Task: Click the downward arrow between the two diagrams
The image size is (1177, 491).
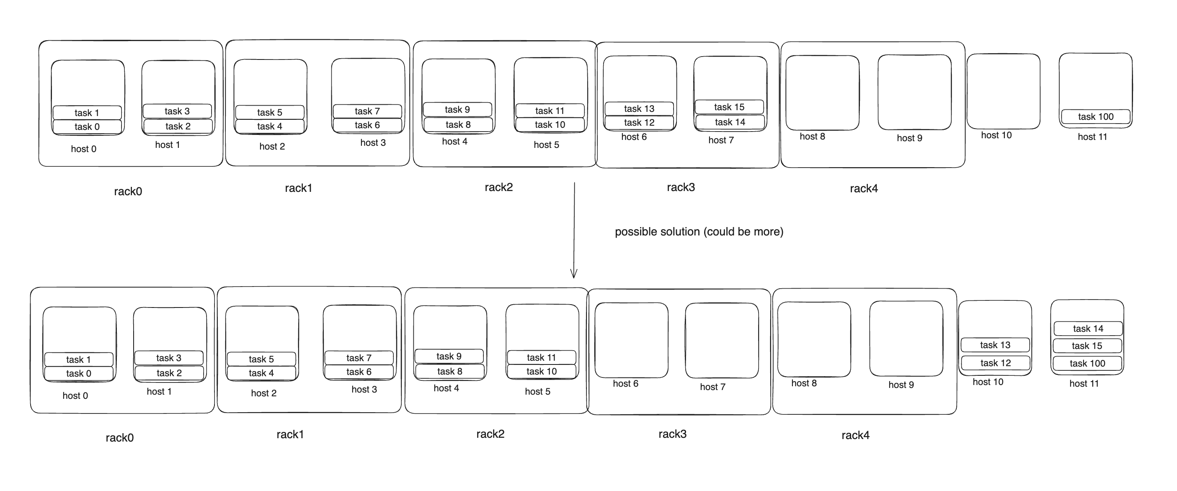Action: coord(574,230)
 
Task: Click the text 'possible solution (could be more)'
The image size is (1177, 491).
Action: coord(699,232)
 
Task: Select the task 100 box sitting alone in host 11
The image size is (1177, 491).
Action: coord(1096,116)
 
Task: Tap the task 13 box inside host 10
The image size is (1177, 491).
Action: coord(995,345)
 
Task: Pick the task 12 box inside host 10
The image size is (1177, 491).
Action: coord(996,363)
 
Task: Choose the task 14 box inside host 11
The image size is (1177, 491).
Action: coord(1088,329)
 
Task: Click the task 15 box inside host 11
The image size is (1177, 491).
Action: coord(1087,346)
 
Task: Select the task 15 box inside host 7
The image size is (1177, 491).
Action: coord(729,107)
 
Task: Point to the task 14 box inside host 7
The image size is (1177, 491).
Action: coord(730,122)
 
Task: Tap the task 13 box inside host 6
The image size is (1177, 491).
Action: coord(639,109)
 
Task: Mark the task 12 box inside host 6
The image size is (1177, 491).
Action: coord(639,122)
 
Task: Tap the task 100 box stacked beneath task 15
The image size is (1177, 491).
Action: coord(1087,364)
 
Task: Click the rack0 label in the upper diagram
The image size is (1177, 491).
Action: coord(128,191)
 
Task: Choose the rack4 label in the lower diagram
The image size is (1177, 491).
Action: coord(855,435)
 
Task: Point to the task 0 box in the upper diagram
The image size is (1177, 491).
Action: coord(87,127)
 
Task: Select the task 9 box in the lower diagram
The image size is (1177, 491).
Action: coord(449,356)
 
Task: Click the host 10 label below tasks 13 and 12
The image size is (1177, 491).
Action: coord(988,382)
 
